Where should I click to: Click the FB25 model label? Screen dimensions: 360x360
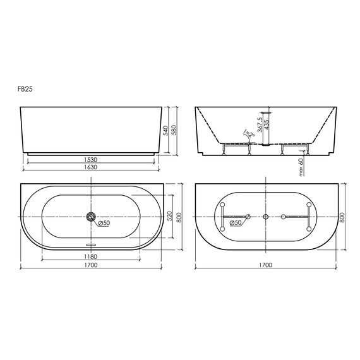pos(25,89)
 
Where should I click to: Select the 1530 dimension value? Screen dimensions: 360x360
pos(91,160)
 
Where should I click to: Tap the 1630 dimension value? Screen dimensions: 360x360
pos(91,167)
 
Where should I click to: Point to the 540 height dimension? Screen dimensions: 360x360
pos(166,130)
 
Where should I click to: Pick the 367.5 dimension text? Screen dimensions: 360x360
pos(260,124)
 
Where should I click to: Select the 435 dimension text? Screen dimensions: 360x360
pos(267,124)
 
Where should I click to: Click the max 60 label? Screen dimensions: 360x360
pos(301,167)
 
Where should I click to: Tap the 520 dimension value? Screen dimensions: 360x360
pos(169,217)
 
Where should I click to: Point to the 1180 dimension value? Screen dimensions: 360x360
pos(91,256)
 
